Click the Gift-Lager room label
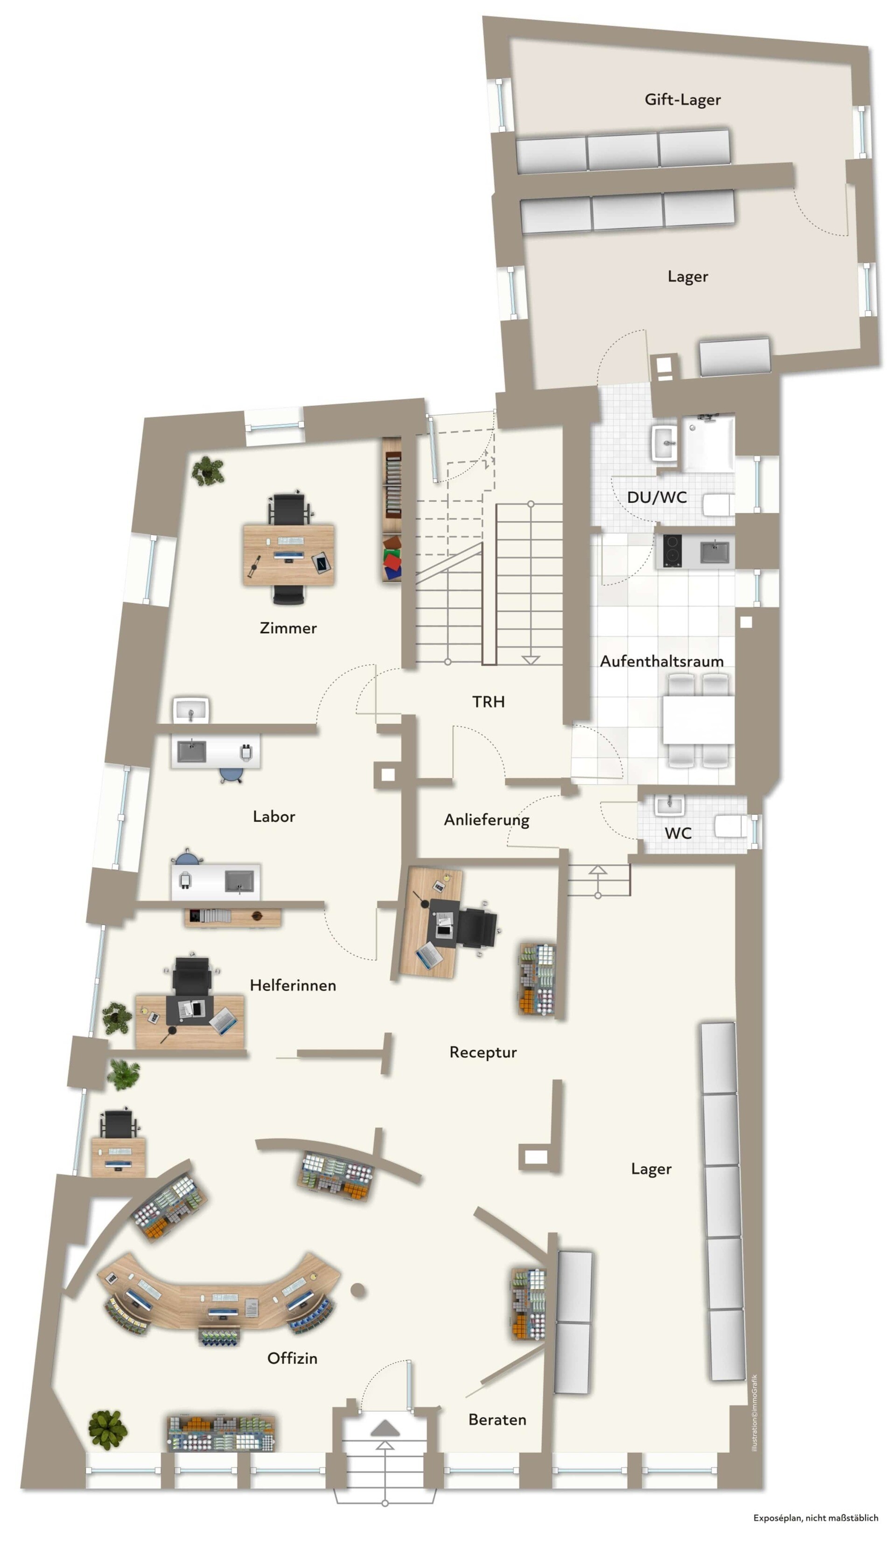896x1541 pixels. (x=682, y=99)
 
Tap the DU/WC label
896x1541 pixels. (x=657, y=497)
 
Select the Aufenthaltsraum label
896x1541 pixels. (x=661, y=661)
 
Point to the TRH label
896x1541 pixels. (x=488, y=701)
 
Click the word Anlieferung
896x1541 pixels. (x=487, y=820)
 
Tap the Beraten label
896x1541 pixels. (x=497, y=1420)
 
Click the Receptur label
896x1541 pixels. (x=483, y=1053)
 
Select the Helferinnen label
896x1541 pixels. (x=293, y=985)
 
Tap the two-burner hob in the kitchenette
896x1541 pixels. (x=672, y=551)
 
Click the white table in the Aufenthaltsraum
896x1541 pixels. (x=698, y=719)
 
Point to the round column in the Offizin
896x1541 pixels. (x=358, y=1290)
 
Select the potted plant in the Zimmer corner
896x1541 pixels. (x=208, y=471)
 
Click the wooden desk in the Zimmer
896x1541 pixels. (x=288, y=554)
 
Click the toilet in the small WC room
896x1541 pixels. (x=731, y=826)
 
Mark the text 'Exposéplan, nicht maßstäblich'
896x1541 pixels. (x=815, y=1518)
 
